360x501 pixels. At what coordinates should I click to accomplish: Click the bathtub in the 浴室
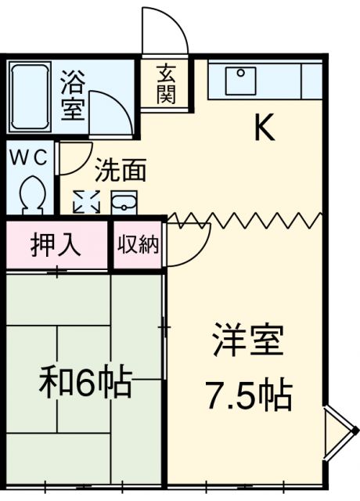[32, 98]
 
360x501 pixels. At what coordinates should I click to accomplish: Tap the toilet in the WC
[32, 193]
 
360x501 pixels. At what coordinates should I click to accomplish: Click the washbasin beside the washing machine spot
[124, 203]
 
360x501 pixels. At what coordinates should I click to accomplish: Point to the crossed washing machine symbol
[86, 203]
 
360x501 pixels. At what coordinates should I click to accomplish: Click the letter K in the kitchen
[264, 128]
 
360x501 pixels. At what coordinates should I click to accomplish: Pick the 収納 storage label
[138, 245]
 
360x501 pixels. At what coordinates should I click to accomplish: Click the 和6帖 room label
[85, 384]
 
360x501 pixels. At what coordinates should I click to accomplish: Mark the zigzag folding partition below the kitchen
[247, 220]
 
